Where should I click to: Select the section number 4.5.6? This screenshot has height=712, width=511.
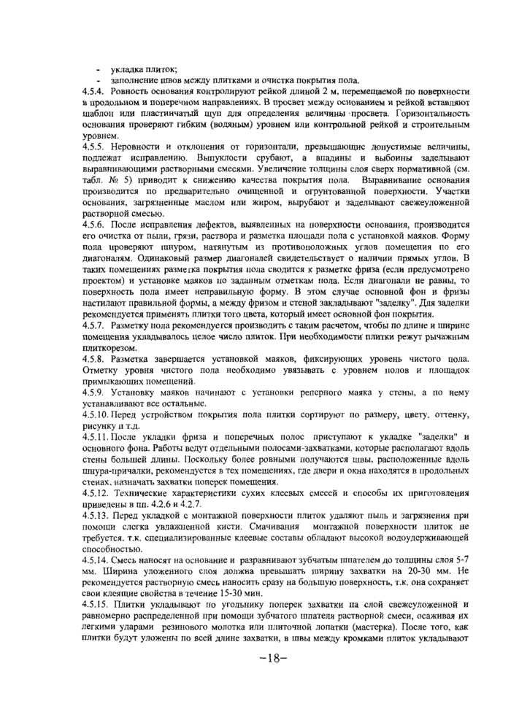pos(94,226)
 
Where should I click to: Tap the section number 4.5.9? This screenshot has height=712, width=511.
pos(94,392)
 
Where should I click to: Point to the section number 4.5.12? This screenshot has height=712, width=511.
pos(96,490)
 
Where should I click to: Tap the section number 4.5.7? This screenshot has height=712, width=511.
pos(94,322)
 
